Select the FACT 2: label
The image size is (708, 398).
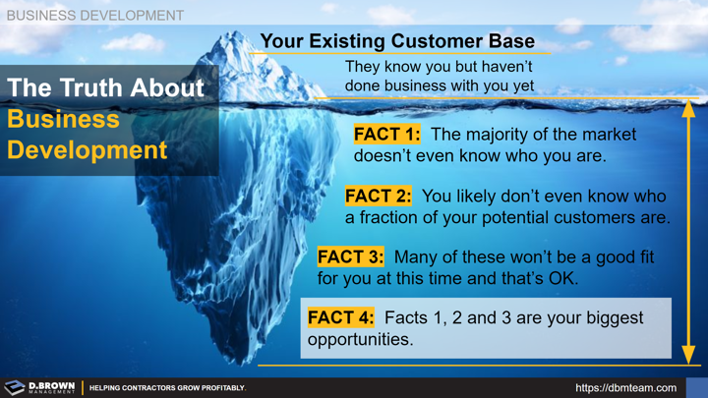point(379,197)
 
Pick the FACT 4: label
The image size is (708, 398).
point(341,317)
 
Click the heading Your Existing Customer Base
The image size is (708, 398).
point(397,41)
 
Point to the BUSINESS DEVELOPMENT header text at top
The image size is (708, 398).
point(94,15)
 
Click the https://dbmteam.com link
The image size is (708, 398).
point(625,388)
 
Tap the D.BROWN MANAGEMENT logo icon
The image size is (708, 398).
point(15,387)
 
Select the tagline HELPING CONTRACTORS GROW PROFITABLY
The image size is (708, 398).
point(167,388)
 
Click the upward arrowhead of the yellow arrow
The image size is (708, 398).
point(688,107)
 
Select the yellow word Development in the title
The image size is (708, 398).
point(88,150)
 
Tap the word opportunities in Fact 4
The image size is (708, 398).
point(360,340)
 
